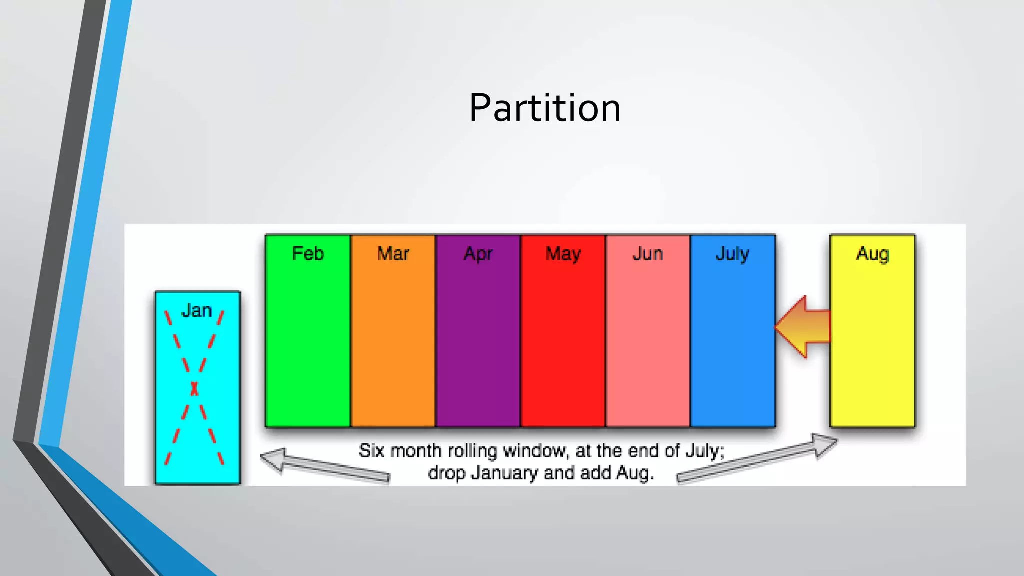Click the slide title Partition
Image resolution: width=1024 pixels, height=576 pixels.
[x=545, y=108]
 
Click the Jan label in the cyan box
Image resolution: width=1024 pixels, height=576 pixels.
[x=196, y=311]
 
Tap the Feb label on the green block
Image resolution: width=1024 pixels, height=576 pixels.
[x=308, y=254]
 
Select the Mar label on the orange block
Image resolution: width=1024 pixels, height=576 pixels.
[x=393, y=254]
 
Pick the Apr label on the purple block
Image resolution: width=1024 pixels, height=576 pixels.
[x=478, y=254]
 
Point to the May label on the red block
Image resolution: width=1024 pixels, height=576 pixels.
[x=563, y=254]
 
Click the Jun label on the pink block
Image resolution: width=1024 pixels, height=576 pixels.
[x=648, y=254]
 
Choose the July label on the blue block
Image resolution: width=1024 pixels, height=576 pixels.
[x=732, y=254]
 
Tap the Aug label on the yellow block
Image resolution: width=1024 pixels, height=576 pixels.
[x=872, y=254]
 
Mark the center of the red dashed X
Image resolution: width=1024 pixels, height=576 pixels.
[x=194, y=388]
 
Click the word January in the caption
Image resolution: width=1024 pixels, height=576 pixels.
[x=505, y=473]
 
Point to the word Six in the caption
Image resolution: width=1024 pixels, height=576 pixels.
[x=371, y=451]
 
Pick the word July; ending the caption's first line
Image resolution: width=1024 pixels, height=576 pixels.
[x=704, y=451]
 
